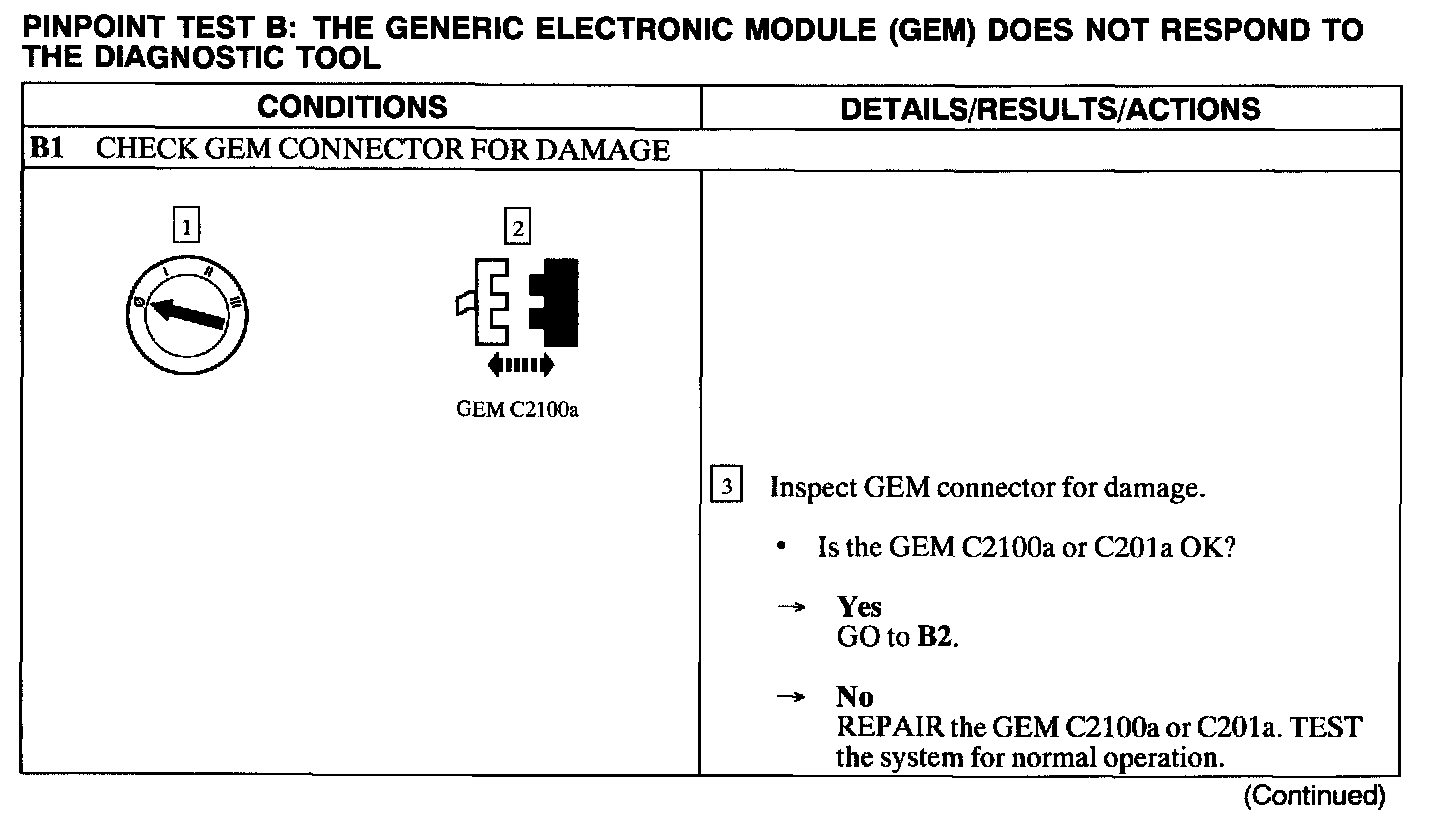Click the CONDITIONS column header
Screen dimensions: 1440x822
352,107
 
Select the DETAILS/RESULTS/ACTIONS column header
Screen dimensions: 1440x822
1050,108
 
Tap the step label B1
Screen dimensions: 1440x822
46,150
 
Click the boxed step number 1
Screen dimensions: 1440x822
186,228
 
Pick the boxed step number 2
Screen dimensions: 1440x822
517,228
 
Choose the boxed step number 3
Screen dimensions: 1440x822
727,487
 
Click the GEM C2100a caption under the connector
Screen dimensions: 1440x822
517,411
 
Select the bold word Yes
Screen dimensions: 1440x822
859,607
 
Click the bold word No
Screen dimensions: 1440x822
855,697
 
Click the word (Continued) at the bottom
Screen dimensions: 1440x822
1315,796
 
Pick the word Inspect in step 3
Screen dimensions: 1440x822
813,488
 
